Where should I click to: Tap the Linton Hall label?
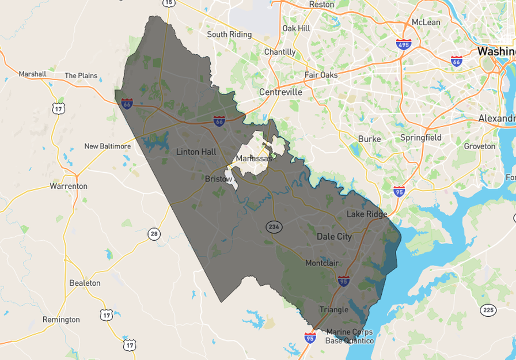click(x=196, y=152)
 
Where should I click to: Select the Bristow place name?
click(x=218, y=179)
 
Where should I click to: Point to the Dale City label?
click(x=334, y=237)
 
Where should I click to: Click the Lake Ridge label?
click(x=367, y=214)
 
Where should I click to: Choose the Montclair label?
click(x=321, y=263)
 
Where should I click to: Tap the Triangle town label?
click(x=333, y=310)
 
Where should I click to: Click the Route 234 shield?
click(x=274, y=227)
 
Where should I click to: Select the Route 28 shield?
click(x=153, y=233)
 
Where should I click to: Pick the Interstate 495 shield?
click(x=404, y=44)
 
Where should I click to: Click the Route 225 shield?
click(x=488, y=310)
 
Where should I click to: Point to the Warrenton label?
click(x=69, y=186)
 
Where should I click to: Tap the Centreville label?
click(x=280, y=92)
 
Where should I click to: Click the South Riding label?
click(x=229, y=35)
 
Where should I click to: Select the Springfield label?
click(x=421, y=138)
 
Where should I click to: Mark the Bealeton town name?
click(x=85, y=283)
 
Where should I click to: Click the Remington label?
click(x=61, y=320)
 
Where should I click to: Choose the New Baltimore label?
click(x=108, y=146)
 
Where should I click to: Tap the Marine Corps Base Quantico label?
click(x=350, y=336)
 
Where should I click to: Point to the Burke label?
click(x=369, y=139)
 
